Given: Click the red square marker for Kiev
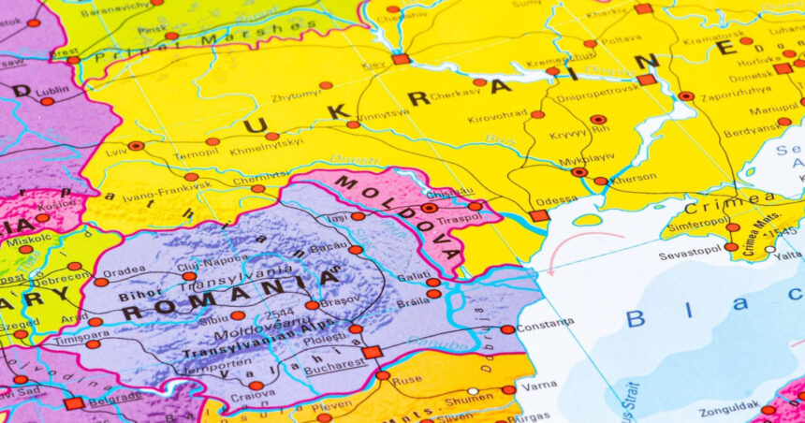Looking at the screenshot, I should pyautogui.click(x=401, y=59).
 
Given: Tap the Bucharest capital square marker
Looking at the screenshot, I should pyautogui.click(x=372, y=352).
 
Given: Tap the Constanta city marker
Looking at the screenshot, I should pyautogui.click(x=507, y=329).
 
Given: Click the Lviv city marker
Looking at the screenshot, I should pyautogui.click(x=137, y=146).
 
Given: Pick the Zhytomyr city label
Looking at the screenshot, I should pyautogui.click(x=296, y=95).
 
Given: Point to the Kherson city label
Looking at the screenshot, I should pyautogui.click(x=634, y=178).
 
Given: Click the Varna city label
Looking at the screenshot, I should pyautogui.click(x=539, y=385).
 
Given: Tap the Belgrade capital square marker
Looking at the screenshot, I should pyautogui.click(x=74, y=403).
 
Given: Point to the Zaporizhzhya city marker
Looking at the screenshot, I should pyautogui.click(x=686, y=95).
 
